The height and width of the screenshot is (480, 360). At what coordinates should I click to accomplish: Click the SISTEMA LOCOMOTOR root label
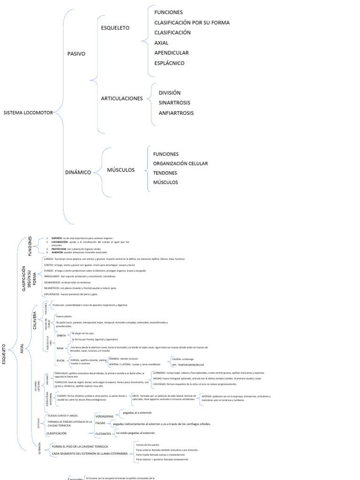click(x=28, y=113)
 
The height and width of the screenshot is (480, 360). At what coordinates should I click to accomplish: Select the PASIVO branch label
click(x=76, y=54)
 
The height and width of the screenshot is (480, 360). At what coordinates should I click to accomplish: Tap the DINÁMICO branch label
click(x=78, y=172)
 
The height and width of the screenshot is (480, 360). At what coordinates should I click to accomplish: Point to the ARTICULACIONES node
click(x=122, y=98)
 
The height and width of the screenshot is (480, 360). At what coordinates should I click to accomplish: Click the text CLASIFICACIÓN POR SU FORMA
click(x=192, y=22)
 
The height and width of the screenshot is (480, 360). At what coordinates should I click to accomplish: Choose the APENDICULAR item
click(x=171, y=53)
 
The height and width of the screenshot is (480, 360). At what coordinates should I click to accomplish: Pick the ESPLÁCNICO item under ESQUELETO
click(x=169, y=63)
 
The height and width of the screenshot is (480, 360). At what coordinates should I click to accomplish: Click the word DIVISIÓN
click(x=169, y=93)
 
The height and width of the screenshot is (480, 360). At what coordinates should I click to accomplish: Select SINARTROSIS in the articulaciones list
click(x=174, y=103)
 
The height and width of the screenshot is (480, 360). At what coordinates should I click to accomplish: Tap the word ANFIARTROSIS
click(x=176, y=113)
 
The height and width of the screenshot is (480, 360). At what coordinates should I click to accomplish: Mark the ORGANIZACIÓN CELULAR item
click(x=180, y=164)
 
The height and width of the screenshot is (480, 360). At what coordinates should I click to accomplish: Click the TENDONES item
click(x=165, y=173)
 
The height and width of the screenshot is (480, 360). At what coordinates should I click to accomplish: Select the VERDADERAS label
click(x=105, y=416)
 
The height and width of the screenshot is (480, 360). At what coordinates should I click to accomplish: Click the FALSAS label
click(x=100, y=423)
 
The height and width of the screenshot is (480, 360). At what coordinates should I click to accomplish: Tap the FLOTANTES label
click(x=103, y=434)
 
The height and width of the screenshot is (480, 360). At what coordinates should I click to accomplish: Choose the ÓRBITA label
click(x=61, y=336)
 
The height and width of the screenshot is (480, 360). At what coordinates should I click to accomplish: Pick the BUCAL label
click(x=61, y=360)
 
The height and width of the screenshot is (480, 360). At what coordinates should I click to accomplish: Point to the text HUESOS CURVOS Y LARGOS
click(x=63, y=416)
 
